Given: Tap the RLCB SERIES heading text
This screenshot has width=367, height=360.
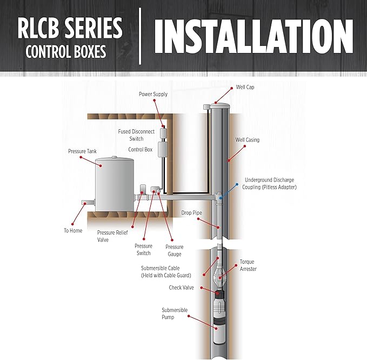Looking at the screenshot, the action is click(70, 28).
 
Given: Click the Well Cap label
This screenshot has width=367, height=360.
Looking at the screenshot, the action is click(245, 87).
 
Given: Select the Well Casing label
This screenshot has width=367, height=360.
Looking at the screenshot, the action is click(248, 140).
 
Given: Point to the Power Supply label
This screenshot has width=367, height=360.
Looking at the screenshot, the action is click(153, 94).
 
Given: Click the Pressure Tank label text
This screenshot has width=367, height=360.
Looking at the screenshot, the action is click(82, 151).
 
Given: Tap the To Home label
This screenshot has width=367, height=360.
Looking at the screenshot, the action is click(73, 231).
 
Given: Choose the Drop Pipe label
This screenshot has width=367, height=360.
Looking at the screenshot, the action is click(191, 213).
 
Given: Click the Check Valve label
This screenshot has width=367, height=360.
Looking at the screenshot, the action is click(181, 288).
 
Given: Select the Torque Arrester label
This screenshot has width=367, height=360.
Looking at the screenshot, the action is click(248, 265).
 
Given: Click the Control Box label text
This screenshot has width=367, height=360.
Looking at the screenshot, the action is click(140, 149).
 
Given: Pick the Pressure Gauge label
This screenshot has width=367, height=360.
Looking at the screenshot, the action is click(175, 250).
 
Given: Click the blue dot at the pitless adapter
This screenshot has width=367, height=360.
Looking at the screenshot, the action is click(221, 198).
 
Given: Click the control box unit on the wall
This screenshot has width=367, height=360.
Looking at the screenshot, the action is click(162, 149).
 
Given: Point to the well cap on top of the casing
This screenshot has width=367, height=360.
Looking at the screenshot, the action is click(220, 105).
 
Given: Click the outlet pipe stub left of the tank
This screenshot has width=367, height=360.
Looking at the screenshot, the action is click(88, 203).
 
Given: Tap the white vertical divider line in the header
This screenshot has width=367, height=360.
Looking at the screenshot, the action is click(140, 36).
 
